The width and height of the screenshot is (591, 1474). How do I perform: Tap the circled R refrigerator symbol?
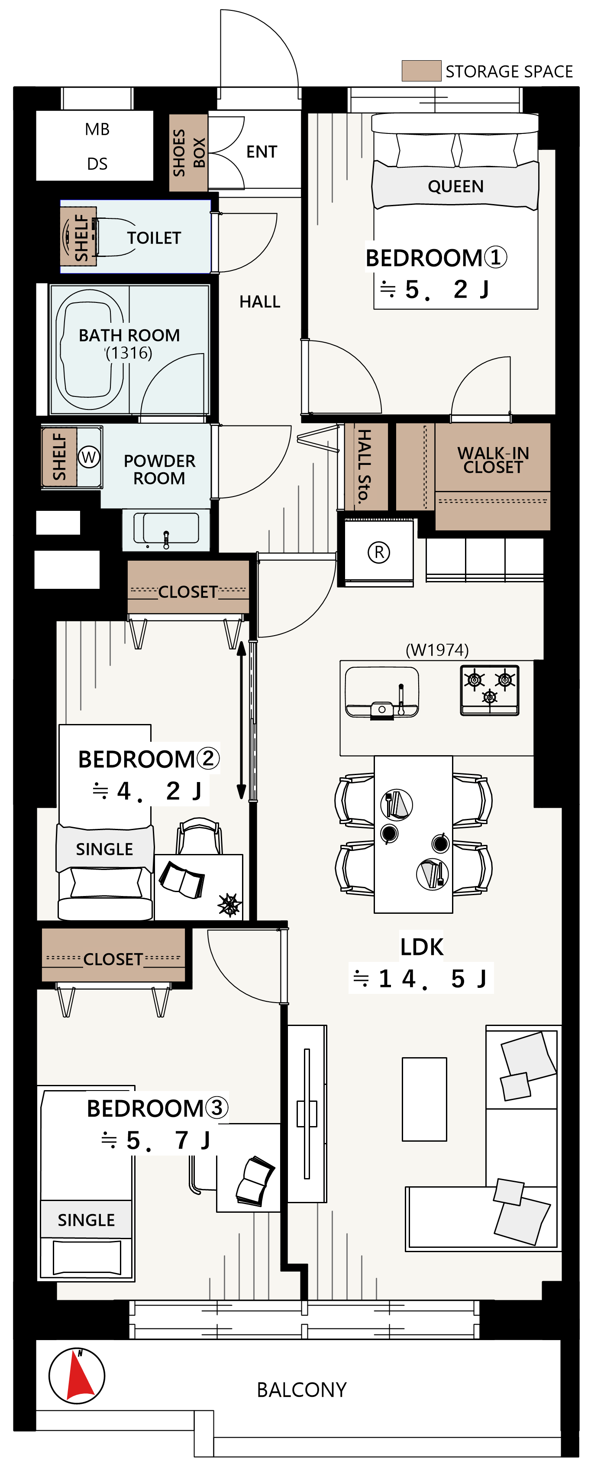pos(378,552)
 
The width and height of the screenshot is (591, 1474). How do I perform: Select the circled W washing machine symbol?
pos(89,457)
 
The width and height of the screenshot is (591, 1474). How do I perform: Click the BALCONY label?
pos(301,1390)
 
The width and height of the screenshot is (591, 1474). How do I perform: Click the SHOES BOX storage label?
pos(188,152)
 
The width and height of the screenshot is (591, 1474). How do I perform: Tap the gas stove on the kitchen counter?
pos(489,690)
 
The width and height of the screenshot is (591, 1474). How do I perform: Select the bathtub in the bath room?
pos(89,350)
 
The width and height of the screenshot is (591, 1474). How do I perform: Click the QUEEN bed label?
pos(455,186)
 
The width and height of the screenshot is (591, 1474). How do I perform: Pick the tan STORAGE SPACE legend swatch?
pos(421,71)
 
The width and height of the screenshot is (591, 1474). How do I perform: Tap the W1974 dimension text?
pos(437,649)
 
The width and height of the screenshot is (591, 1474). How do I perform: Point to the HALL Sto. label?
pos(364,466)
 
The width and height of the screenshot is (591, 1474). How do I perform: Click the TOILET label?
pos(154,237)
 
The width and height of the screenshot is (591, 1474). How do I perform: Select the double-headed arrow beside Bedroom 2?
pos(242,720)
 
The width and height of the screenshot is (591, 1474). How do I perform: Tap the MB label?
pos(97,129)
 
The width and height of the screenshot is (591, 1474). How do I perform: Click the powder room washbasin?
pos(166,528)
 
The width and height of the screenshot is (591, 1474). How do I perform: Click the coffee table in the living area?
pos(424,1099)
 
